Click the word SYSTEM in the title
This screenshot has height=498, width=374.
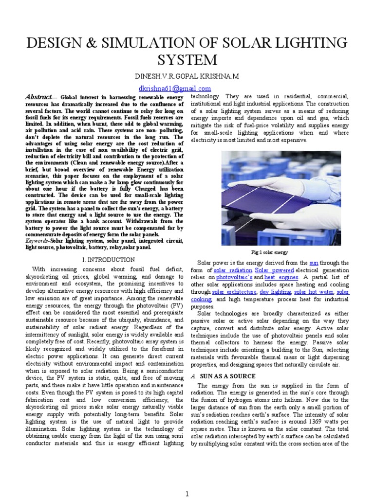pyautogui.click(x=187, y=60)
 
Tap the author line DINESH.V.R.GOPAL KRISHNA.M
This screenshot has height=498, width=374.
pyautogui.click(x=187, y=78)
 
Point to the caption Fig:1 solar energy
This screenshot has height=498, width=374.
pyautogui.click(x=269, y=252)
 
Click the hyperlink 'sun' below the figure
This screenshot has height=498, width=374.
pyautogui.click(x=315, y=263)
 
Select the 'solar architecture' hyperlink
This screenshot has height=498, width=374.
pyautogui.click(x=234, y=292)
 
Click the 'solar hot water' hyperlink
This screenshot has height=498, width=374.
pyautogui.click(x=314, y=292)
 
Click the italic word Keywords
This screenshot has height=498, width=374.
pyautogui.click(x=37, y=241)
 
